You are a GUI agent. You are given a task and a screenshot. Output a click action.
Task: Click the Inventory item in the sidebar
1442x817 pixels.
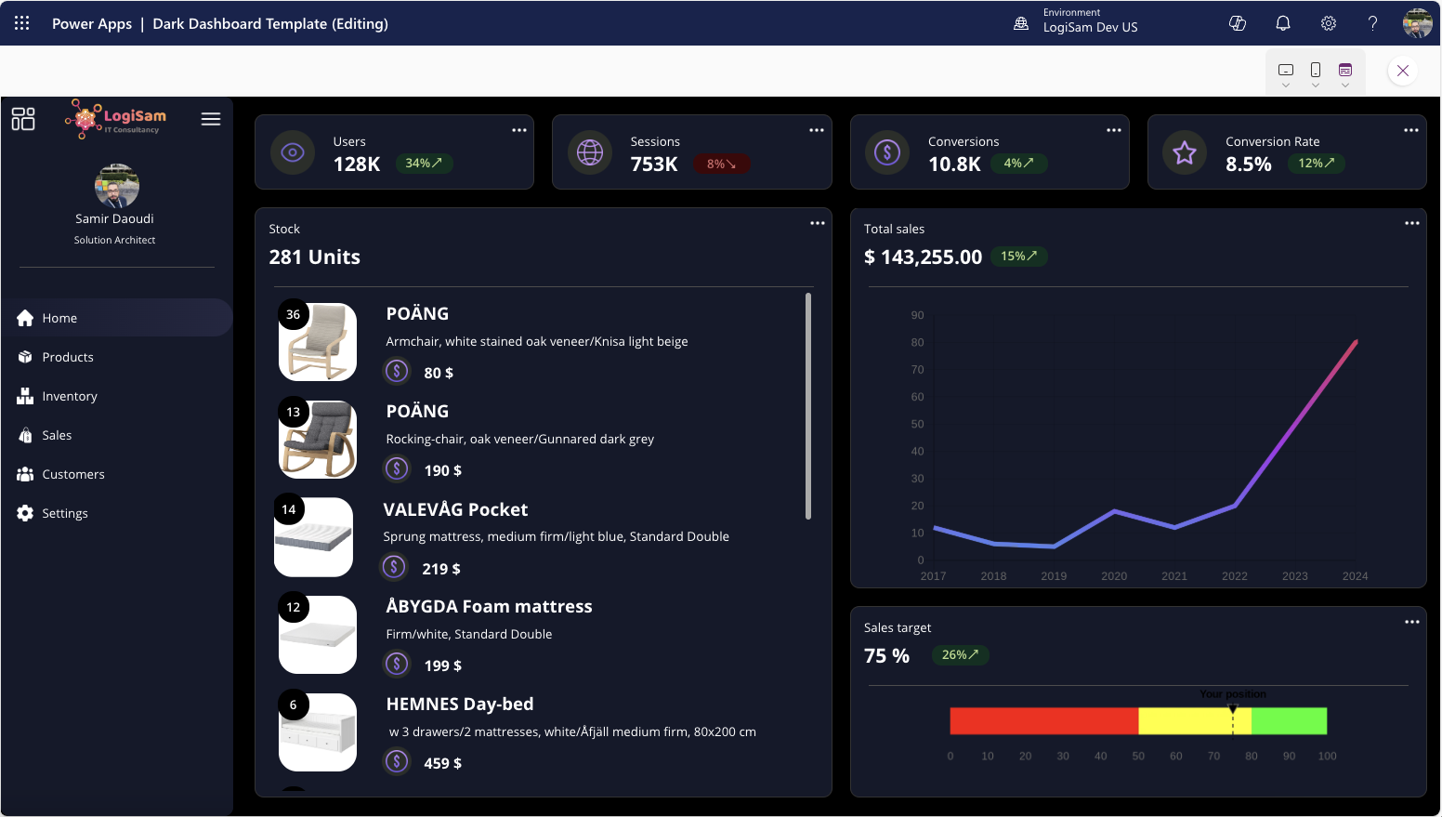click(x=69, y=396)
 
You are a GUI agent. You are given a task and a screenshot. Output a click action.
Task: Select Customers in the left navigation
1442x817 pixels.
click(x=72, y=474)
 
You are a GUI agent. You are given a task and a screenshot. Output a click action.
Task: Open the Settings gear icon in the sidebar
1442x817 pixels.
click(x=25, y=513)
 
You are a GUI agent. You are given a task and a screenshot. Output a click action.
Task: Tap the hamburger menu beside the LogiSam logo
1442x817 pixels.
click(x=211, y=119)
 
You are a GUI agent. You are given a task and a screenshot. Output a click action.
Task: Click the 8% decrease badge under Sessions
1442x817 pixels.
click(x=721, y=164)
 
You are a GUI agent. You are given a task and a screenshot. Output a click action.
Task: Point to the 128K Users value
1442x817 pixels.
click(x=357, y=165)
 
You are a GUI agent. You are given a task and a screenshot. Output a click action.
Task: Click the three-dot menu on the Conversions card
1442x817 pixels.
click(x=1113, y=130)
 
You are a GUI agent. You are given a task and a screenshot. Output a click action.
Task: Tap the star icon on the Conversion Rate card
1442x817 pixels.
click(x=1184, y=152)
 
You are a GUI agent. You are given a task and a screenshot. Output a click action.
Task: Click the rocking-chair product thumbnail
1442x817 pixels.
click(x=319, y=440)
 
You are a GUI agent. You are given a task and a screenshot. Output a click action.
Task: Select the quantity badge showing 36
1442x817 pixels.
click(x=294, y=314)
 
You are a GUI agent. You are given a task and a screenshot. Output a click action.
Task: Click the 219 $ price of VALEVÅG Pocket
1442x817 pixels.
click(x=440, y=569)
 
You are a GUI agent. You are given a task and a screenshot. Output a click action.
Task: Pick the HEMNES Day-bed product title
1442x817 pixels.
click(x=460, y=704)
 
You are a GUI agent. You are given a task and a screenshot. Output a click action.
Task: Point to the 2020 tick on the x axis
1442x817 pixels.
click(x=1114, y=576)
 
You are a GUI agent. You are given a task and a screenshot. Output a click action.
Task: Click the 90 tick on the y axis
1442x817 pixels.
click(x=917, y=315)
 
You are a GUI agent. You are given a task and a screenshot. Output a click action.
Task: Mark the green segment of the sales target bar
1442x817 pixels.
click(x=1289, y=721)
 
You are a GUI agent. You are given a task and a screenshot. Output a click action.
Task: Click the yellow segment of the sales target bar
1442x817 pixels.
click(x=1194, y=721)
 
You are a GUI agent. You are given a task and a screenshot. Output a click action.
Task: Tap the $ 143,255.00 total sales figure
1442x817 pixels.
click(x=923, y=257)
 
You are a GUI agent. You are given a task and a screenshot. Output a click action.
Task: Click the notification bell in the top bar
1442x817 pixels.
click(x=1282, y=23)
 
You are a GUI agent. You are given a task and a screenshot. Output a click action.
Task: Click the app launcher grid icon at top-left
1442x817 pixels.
click(x=22, y=23)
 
